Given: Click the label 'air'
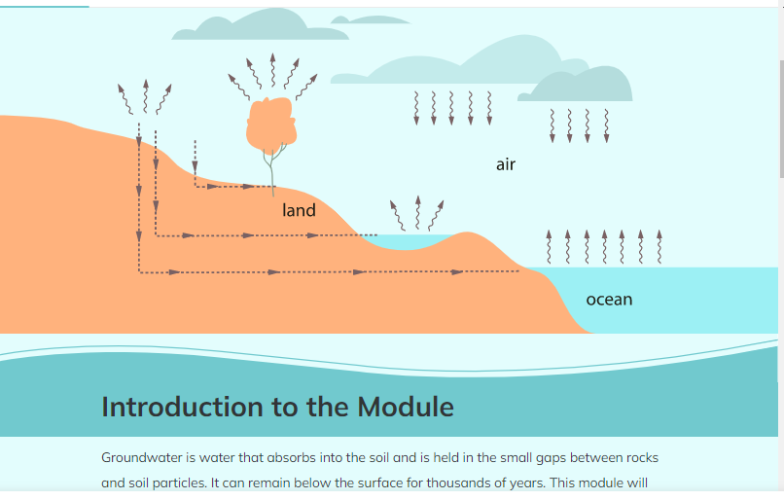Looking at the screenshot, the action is (x=506, y=164).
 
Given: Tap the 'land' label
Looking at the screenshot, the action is (x=299, y=210).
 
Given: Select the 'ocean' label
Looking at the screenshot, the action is (x=609, y=300).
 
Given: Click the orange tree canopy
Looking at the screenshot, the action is (x=271, y=123).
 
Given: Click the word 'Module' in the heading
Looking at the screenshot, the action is (x=406, y=407).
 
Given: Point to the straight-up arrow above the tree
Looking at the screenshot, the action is (x=272, y=70).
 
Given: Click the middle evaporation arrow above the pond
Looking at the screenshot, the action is (x=418, y=213).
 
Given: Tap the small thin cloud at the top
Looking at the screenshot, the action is (x=370, y=20).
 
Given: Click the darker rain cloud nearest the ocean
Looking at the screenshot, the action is (x=575, y=86).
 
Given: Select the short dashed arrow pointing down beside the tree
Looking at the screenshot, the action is (x=195, y=157).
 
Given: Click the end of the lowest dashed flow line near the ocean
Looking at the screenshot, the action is (x=518, y=271).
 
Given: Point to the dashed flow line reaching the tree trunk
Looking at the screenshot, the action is (x=234, y=187).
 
